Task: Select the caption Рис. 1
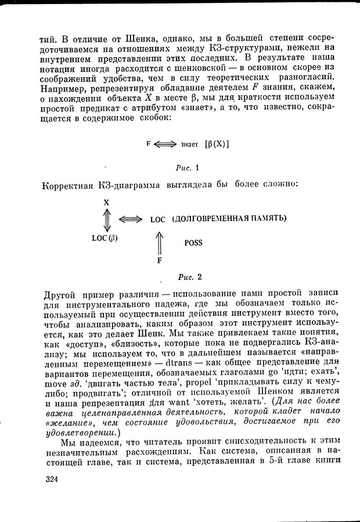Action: (188, 168)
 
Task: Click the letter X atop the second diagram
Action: (107, 203)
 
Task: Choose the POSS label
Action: (193, 243)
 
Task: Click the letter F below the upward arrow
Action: (159, 260)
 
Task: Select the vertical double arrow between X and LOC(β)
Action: (107, 220)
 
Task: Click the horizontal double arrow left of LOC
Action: (130, 219)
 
